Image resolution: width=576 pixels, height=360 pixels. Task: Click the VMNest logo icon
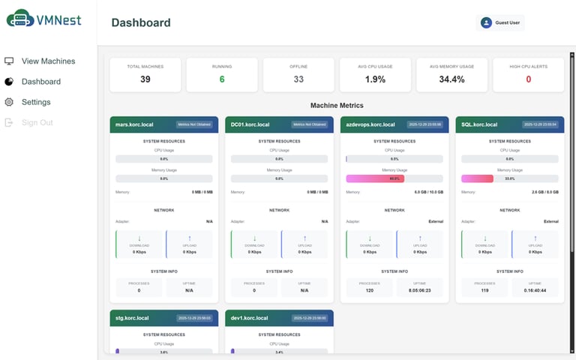point(19,19)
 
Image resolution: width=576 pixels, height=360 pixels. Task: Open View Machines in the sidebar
point(48,61)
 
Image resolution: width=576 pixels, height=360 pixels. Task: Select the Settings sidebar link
point(36,102)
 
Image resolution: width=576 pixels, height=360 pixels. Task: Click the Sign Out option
point(37,122)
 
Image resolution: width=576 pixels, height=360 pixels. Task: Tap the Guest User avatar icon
point(486,22)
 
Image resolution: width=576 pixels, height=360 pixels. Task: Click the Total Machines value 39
point(145,79)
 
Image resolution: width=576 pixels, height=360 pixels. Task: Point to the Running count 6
point(222,79)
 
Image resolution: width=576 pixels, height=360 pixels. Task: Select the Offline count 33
point(298,79)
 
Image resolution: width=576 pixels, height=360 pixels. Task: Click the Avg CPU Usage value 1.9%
point(375,79)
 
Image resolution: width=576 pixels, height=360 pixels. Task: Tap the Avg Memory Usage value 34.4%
point(451,79)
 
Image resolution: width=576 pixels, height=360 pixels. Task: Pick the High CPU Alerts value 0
point(528,79)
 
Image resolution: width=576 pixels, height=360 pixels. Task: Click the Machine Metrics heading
point(337,106)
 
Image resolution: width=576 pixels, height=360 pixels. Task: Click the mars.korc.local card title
point(132,124)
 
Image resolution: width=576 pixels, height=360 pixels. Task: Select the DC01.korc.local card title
point(249,124)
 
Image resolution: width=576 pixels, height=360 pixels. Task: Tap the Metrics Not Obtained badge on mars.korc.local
point(193,124)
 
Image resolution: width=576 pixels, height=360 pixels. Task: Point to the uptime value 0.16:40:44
point(535,289)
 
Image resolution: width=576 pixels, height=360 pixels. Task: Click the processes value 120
point(370,289)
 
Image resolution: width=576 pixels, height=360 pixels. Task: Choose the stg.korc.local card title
point(131,318)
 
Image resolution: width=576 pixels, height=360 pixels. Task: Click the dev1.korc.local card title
point(248,318)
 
